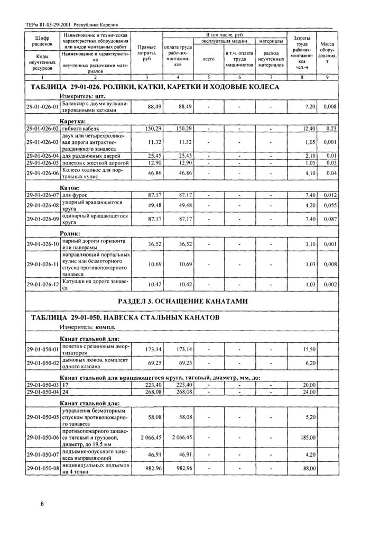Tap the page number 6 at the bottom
tap(41, 503)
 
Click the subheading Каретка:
tap(70, 121)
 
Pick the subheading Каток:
tap(69, 187)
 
